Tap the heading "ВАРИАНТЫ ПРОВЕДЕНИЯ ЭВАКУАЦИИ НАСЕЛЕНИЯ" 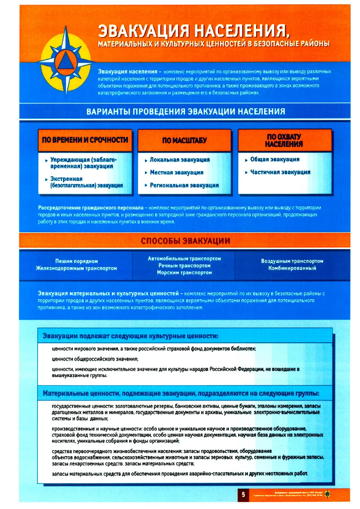click(x=185, y=111)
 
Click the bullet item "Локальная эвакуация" click(x=180, y=160)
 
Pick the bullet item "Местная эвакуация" click(x=177, y=172)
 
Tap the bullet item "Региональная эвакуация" click(x=184, y=185)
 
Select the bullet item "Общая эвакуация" click(x=275, y=159)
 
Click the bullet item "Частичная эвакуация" click(x=280, y=172)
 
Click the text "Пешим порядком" click(x=77, y=261)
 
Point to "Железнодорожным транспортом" click(x=76, y=268)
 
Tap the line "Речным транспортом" click(x=185, y=265)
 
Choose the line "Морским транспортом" click(x=185, y=273)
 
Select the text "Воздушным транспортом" click(x=292, y=261)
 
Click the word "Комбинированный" click(x=292, y=268)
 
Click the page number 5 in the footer click(x=243, y=495)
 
